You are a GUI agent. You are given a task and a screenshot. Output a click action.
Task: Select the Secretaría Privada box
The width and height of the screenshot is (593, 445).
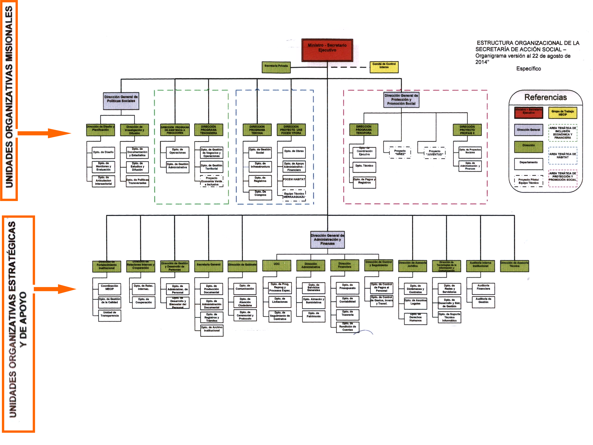276,67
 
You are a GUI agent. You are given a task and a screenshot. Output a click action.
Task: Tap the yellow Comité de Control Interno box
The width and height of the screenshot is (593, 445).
384,67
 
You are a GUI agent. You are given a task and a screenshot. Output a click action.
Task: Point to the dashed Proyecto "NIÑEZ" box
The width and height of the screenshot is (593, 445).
400,152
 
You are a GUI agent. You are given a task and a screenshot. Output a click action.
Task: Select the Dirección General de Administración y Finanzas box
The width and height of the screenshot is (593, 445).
327,239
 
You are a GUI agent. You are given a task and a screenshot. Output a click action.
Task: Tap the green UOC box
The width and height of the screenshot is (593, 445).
276,265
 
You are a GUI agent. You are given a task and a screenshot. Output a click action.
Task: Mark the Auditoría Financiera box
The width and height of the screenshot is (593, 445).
483,289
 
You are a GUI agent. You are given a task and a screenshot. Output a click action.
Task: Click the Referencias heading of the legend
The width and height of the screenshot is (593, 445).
546,97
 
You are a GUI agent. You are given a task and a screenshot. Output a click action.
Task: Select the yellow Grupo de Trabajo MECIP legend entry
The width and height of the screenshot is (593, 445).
562,113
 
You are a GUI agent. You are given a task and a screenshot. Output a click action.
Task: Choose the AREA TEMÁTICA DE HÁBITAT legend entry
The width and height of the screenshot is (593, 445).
562,155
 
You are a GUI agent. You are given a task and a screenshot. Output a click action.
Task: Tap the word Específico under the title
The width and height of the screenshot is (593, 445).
528,69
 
